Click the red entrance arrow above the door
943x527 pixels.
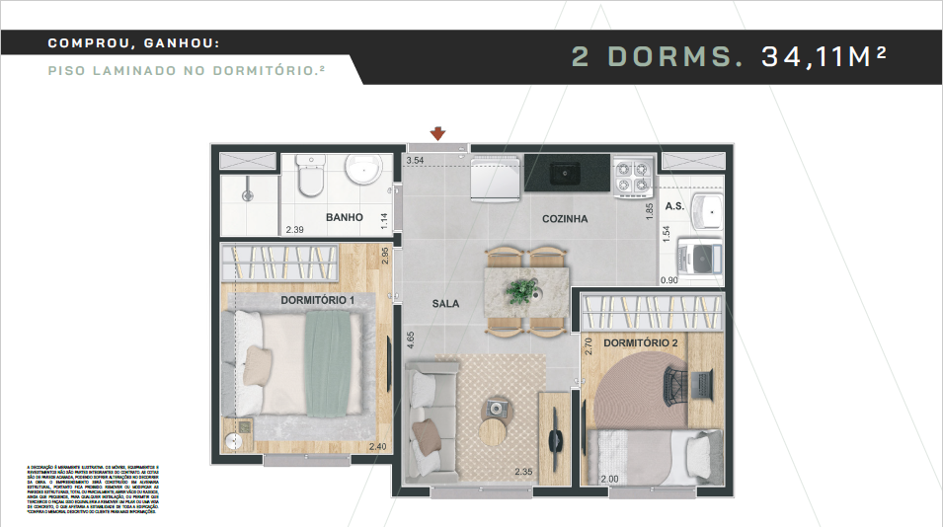click(437, 134)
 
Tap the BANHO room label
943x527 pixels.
click(345, 217)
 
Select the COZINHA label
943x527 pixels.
click(565, 219)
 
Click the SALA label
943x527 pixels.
click(445, 304)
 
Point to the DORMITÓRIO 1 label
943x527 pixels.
click(318, 299)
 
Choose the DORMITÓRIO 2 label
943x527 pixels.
click(640, 342)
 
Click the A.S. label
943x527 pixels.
click(675, 206)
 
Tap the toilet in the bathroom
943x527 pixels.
click(310, 177)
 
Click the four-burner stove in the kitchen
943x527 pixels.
click(632, 177)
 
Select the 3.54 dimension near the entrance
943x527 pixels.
click(415, 160)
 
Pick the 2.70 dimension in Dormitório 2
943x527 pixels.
click(589, 346)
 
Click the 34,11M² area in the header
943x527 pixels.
click(823, 56)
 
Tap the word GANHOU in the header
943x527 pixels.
click(178, 43)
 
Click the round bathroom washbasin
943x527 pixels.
click(364, 170)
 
